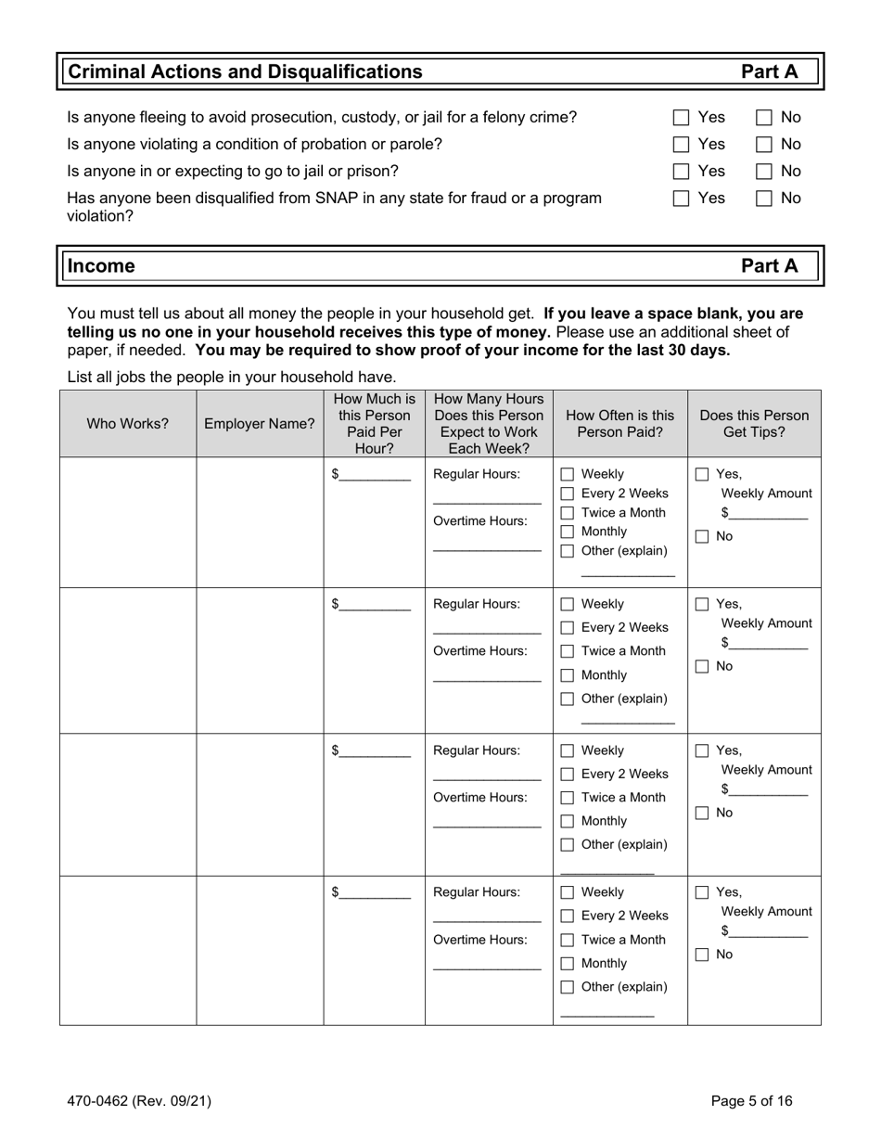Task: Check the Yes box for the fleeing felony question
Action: pos(682,118)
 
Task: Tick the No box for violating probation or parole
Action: pos(765,145)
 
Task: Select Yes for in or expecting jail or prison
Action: pos(682,172)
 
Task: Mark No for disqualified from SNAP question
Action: pos(765,199)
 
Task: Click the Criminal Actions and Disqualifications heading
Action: pos(246,72)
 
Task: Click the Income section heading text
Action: pos(102,266)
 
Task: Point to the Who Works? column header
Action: pos(128,424)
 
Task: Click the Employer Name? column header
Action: pos(260,424)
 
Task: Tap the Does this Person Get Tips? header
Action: pos(754,424)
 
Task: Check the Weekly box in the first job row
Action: pos(568,475)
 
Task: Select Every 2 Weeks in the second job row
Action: pos(568,628)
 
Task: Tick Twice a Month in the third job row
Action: pos(568,798)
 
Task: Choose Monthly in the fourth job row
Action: pos(568,964)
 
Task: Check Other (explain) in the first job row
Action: pos(568,552)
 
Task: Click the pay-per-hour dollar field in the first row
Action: pos(375,475)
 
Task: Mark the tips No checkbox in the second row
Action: pos(703,667)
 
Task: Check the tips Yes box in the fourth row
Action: pos(703,893)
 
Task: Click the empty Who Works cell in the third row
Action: pos(128,803)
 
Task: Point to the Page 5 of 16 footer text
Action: pos(751,1102)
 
